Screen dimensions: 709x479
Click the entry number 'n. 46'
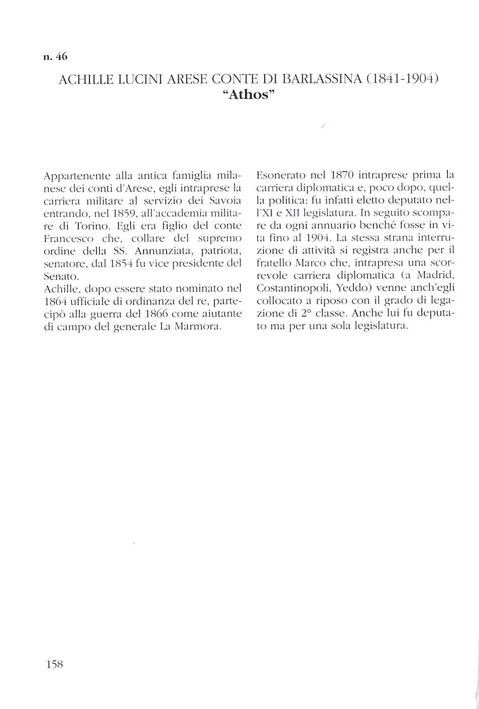[x=55, y=57]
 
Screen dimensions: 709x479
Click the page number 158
[x=54, y=664]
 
